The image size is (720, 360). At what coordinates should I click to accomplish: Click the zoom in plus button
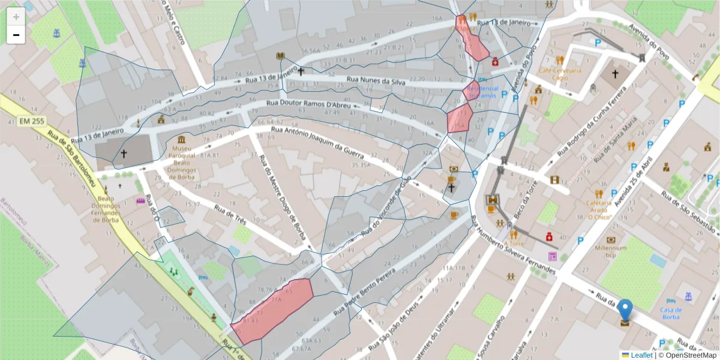16,17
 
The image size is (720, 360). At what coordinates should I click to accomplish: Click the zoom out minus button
16,35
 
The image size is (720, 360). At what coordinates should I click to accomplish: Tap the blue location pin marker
625,311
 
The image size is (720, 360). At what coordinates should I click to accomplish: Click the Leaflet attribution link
641,355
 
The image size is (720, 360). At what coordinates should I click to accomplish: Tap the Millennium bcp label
611,251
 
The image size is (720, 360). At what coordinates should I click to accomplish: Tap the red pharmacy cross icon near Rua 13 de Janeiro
496,61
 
